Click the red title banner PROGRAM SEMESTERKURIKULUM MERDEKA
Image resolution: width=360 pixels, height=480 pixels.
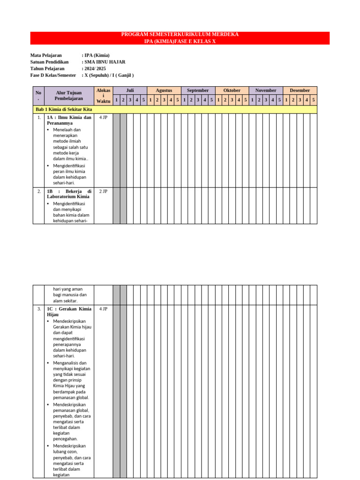tap(180, 35)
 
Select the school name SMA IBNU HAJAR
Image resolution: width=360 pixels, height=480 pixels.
tap(105, 62)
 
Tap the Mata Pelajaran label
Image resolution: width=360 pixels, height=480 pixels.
tap(46, 55)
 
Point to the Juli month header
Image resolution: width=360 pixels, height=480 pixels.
tap(130, 90)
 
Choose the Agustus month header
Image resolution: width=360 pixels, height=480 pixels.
tap(164, 90)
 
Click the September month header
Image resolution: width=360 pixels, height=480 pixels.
tap(198, 90)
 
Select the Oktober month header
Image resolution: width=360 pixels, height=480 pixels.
tap(232, 90)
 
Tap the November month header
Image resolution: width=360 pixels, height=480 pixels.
tap(266, 90)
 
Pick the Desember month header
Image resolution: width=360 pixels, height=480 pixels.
tap(300, 90)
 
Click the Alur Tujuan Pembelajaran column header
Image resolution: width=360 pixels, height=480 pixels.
tap(69, 96)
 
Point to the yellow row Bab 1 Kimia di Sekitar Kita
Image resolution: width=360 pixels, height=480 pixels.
tap(64, 109)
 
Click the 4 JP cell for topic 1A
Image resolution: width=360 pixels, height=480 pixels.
tap(103, 117)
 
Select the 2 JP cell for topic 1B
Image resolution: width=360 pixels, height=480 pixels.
tap(103, 192)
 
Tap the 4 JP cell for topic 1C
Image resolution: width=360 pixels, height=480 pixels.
tap(103, 309)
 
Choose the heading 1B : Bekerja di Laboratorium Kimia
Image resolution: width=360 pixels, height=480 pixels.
tap(69, 194)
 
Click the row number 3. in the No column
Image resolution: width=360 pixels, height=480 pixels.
tap(38, 309)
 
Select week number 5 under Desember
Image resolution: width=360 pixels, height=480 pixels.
tap(313, 100)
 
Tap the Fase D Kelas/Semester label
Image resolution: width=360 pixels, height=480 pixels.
tap(53, 75)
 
